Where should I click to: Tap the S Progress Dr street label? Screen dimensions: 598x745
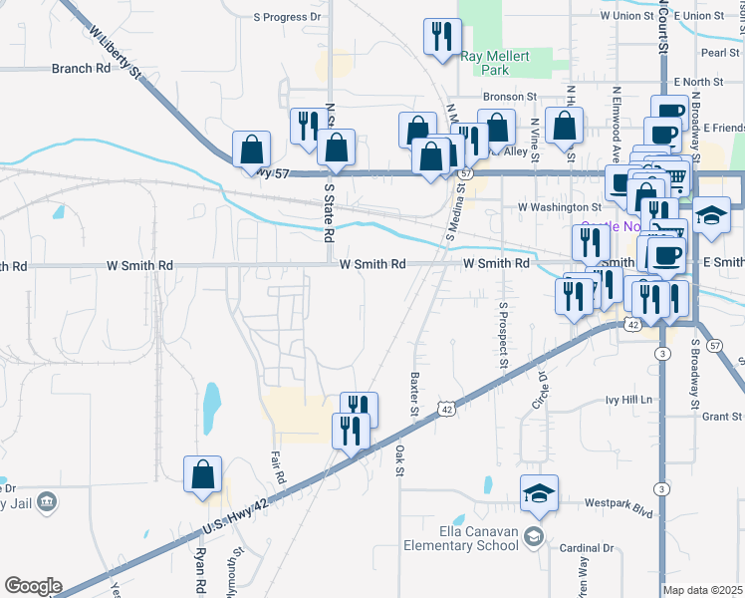tap(288, 17)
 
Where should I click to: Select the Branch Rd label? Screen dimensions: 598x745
tap(81, 69)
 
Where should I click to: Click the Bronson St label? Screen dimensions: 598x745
tap(510, 97)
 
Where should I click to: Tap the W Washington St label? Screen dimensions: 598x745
tap(560, 207)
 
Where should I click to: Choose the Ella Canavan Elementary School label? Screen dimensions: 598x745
tap(461, 538)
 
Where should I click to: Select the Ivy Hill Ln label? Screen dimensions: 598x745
tap(628, 400)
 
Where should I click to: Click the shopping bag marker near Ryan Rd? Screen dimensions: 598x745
tap(202, 475)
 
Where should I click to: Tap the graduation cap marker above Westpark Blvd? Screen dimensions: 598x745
tap(539, 493)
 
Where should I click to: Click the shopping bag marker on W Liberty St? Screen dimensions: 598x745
tap(251, 149)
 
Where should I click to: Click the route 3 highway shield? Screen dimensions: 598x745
tap(662, 354)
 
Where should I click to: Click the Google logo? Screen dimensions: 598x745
tap(33, 586)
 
